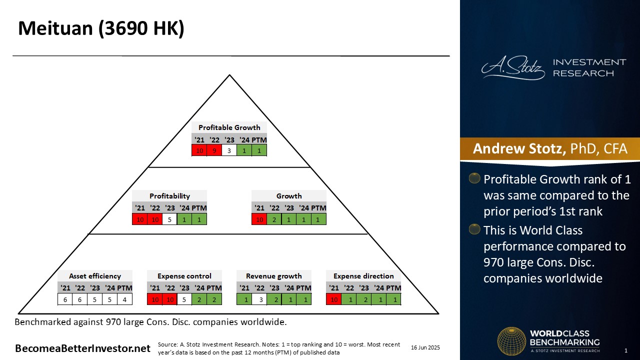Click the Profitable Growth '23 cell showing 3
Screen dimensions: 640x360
click(x=229, y=150)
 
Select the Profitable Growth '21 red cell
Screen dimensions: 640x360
click(x=199, y=150)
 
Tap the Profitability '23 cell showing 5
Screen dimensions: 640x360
click(x=169, y=219)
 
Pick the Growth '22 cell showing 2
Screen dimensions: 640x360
click(x=274, y=219)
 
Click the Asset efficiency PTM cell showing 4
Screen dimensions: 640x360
click(x=124, y=299)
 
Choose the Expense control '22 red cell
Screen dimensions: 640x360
click(x=169, y=299)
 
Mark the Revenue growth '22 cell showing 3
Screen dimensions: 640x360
click(x=259, y=299)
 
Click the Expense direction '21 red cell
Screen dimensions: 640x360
click(x=333, y=299)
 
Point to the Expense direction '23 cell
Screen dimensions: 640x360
click(x=363, y=299)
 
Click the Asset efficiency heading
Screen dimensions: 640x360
click(x=95, y=276)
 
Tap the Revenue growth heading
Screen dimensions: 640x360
click(x=273, y=276)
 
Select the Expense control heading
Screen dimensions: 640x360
click(x=184, y=276)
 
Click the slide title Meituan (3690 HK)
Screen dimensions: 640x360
click(x=101, y=28)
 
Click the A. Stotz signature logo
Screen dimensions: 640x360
click(x=513, y=67)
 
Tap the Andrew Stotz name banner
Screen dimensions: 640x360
click(x=550, y=149)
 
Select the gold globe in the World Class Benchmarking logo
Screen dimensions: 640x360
click(x=511, y=341)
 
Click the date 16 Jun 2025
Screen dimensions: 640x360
click(x=425, y=347)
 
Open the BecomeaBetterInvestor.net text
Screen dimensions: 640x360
click(x=82, y=348)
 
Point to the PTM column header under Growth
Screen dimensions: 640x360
click(x=318, y=207)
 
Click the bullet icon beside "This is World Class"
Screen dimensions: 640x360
click(x=474, y=229)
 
